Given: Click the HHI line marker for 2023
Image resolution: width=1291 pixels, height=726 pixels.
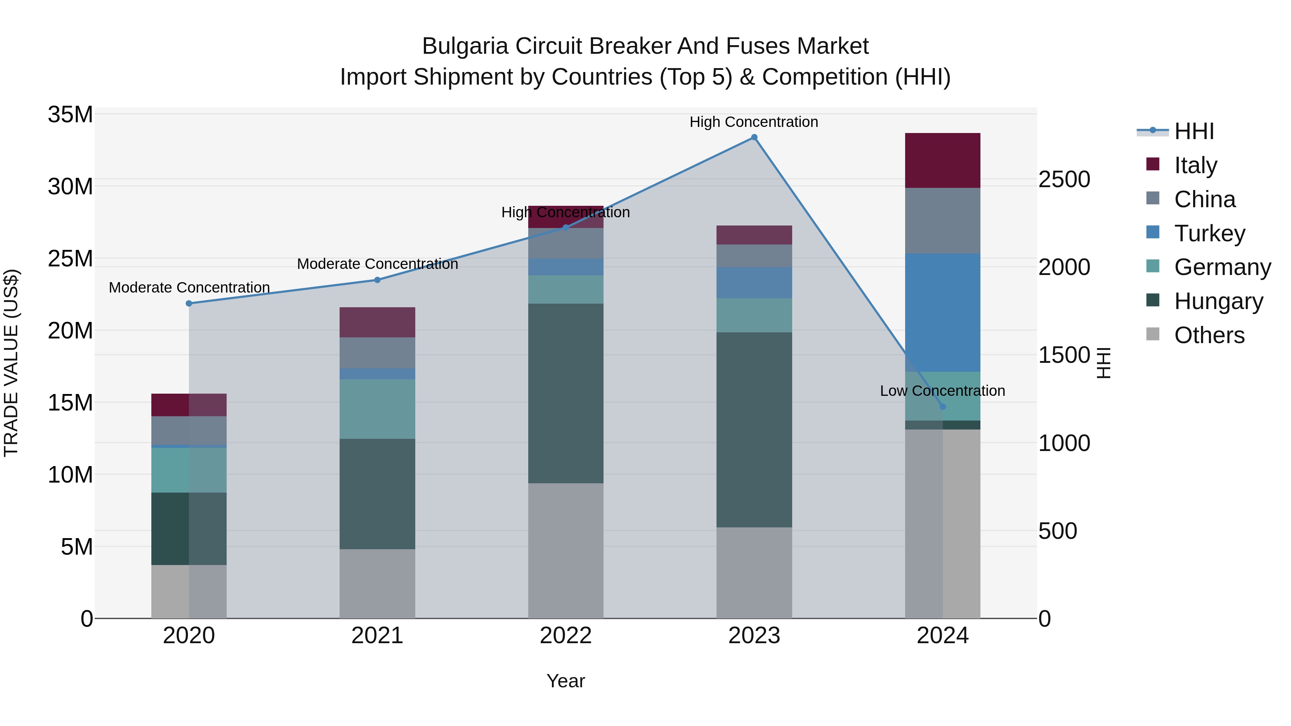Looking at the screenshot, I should [754, 137].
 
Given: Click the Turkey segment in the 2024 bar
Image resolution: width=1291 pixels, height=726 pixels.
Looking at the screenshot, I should [942, 313].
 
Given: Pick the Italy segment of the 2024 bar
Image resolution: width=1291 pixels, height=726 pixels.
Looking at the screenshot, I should [942, 160].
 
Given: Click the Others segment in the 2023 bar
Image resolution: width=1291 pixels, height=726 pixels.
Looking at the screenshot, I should [754, 573].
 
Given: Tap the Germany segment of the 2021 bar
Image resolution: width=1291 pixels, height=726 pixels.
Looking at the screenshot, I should [377, 409].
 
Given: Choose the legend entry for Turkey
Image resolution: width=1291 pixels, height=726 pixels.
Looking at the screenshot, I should [1209, 233].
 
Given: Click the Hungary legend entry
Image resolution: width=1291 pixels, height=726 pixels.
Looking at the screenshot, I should [1218, 301].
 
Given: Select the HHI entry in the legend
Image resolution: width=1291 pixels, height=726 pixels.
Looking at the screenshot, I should [1194, 131].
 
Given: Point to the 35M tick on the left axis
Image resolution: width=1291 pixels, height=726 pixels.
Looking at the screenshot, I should [70, 115].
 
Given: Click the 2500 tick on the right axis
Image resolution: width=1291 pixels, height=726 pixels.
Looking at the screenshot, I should [1064, 179].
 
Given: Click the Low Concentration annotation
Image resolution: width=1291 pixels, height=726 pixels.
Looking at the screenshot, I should [942, 391].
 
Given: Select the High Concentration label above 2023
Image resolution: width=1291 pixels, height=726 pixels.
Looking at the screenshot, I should [754, 122].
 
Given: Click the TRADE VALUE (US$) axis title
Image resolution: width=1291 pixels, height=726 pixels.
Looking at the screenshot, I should [11, 363].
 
